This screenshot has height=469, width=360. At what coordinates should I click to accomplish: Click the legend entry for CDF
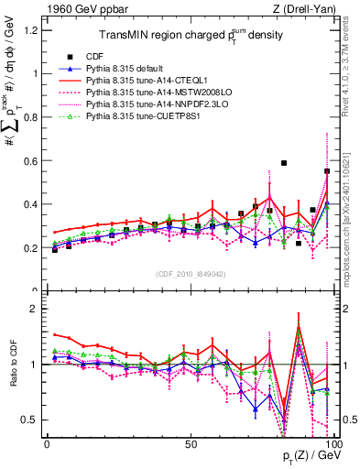[106, 56]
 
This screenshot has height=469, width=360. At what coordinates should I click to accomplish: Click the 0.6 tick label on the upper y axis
[32, 160]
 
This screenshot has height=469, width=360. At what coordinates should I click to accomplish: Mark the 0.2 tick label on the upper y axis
[32, 248]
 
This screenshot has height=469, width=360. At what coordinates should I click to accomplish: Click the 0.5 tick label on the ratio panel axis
[32, 420]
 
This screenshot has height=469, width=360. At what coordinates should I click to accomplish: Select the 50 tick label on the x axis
[191, 442]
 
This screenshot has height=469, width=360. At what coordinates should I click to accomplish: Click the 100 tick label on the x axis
[333, 442]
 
